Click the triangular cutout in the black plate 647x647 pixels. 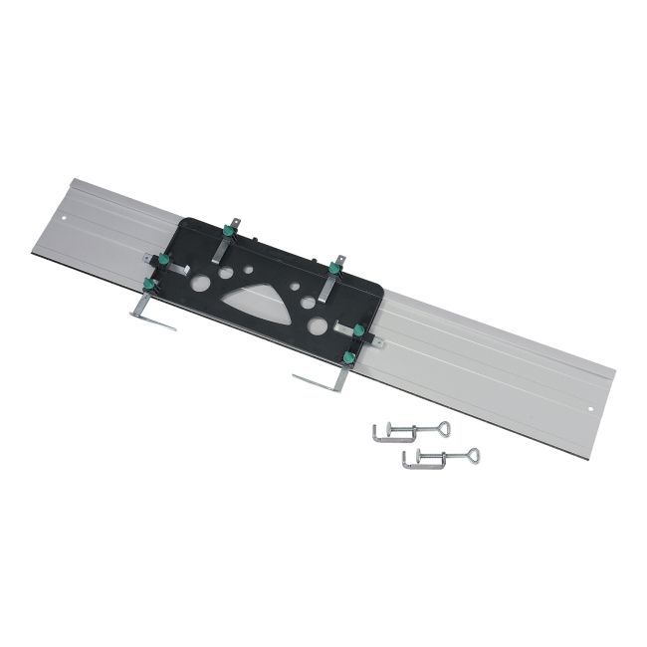[x=257, y=297]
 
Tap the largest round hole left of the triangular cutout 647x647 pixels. [x=201, y=284]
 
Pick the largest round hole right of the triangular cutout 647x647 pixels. [x=318, y=326]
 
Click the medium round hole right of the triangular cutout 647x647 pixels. [x=309, y=303]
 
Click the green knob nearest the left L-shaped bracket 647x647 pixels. [x=149, y=283]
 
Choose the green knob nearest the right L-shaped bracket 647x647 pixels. [x=348, y=356]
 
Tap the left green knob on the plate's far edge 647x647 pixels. [x=228, y=232]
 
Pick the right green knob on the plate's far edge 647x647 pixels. [x=335, y=269]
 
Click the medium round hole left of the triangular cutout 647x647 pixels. [x=227, y=272]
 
